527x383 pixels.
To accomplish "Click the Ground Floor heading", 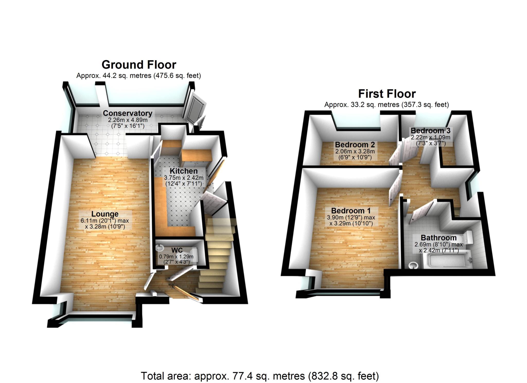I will tap(139, 65).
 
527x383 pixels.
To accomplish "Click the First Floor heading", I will tap(387, 94).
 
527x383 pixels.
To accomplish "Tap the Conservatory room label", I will tap(128, 113).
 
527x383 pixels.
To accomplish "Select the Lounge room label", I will tap(105, 214).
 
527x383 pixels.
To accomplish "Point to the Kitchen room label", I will tap(183, 171).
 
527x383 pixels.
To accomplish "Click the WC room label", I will tap(177, 250).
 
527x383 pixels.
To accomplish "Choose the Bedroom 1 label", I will tap(351, 211).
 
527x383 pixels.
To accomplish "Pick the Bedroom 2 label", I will tap(355, 145).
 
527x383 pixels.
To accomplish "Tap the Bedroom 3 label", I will tap(431, 131).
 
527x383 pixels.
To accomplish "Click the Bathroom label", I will tap(438, 238).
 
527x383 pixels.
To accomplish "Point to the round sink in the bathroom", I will tap(413, 265).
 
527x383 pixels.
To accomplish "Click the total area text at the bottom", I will tap(260, 376).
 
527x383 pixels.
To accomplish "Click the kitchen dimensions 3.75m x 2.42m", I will tap(183, 178).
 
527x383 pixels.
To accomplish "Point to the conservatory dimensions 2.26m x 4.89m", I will tap(128, 120).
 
